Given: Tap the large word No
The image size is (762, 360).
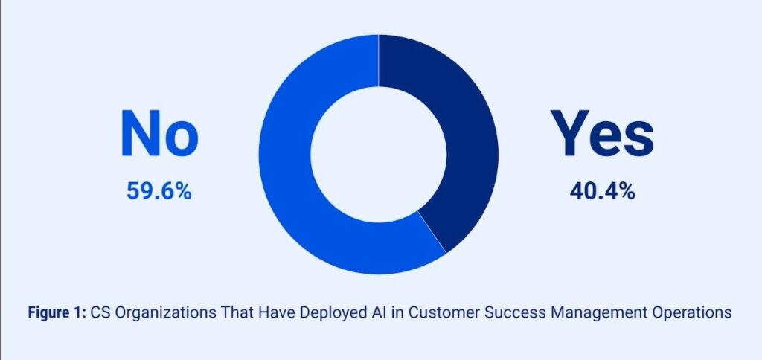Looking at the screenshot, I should pos(160,134).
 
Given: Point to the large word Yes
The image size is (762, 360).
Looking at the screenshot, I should pos(602,134).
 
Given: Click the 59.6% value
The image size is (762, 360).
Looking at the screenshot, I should pos(159,191).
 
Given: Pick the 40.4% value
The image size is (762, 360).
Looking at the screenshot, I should pos(602,191).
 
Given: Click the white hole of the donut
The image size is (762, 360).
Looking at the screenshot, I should pos(379,155).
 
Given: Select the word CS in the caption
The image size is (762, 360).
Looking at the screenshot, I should pos(100,312).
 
